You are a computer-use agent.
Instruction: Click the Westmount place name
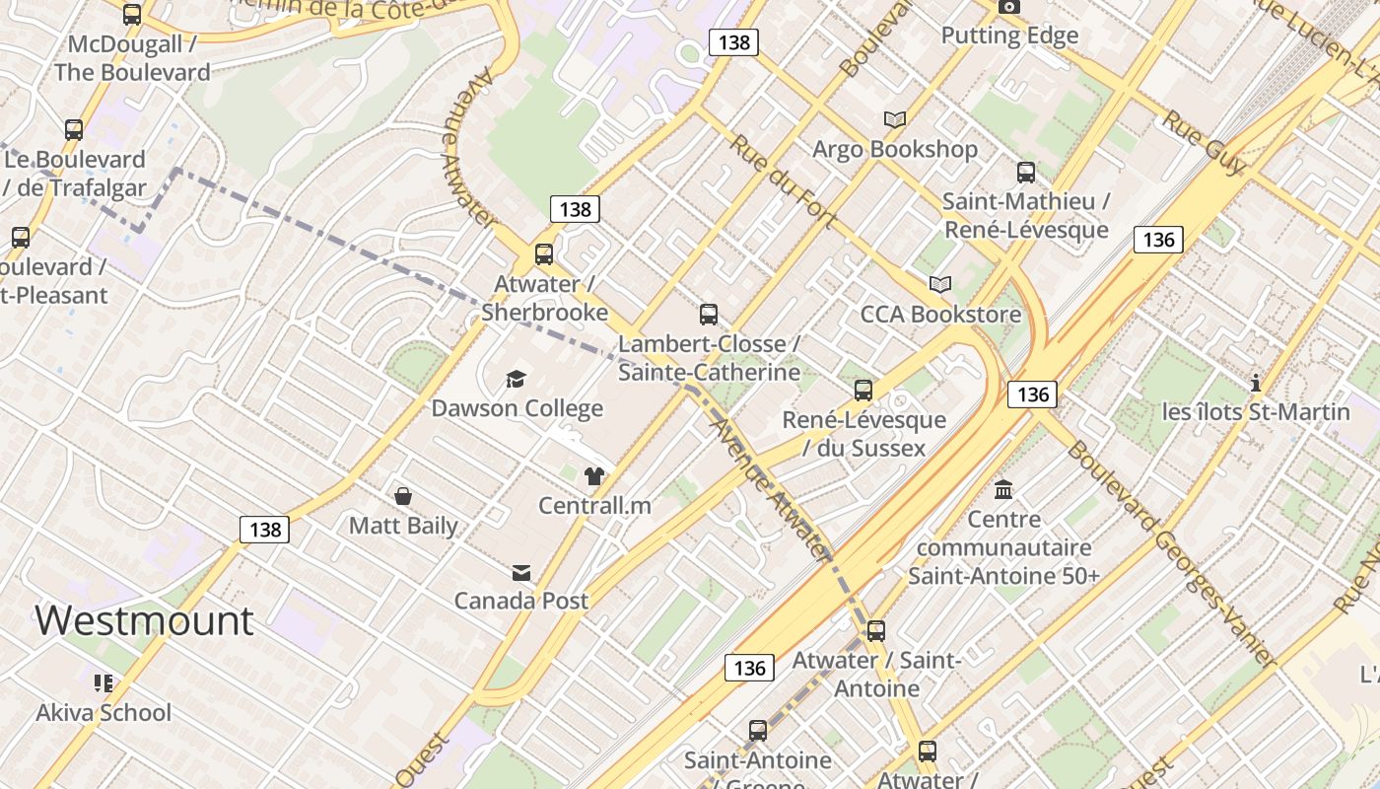coord(144,620)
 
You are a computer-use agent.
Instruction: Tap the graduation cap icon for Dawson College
coord(516,379)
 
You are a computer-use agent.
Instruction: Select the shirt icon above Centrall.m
coord(593,476)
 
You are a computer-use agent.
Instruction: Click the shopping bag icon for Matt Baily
coord(403,495)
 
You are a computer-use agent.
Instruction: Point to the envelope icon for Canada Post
coord(520,572)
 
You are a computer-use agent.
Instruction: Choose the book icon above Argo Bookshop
coord(894,120)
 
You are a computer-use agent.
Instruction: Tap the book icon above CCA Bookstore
coord(940,285)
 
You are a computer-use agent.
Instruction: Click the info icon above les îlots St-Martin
coord(1256,383)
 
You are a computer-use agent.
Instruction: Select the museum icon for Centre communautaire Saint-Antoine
coord(1003,489)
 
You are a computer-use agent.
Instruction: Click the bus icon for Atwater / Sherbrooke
coord(544,254)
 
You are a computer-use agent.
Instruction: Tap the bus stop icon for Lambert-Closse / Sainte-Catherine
coord(708,315)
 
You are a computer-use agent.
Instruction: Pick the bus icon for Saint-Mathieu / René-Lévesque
coord(1026,173)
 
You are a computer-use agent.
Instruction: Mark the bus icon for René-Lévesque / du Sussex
coord(863,391)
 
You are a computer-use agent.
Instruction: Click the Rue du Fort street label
coord(783,182)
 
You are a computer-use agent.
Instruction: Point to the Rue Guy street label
coord(1205,142)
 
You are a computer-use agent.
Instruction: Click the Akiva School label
coord(103,712)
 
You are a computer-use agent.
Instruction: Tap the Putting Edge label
coord(1009,36)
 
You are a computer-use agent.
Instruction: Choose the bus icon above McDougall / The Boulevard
coord(132,15)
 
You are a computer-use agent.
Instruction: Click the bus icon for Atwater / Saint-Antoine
coord(875,631)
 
